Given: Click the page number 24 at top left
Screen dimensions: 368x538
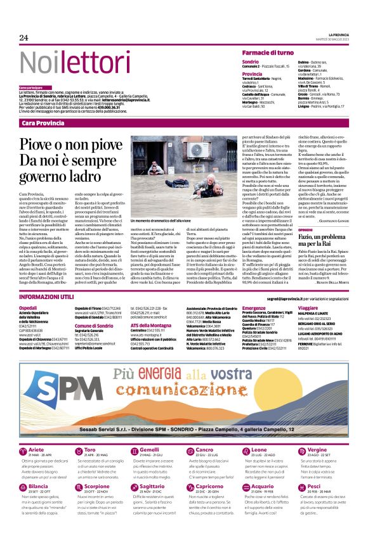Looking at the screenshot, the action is tap(24, 38).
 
